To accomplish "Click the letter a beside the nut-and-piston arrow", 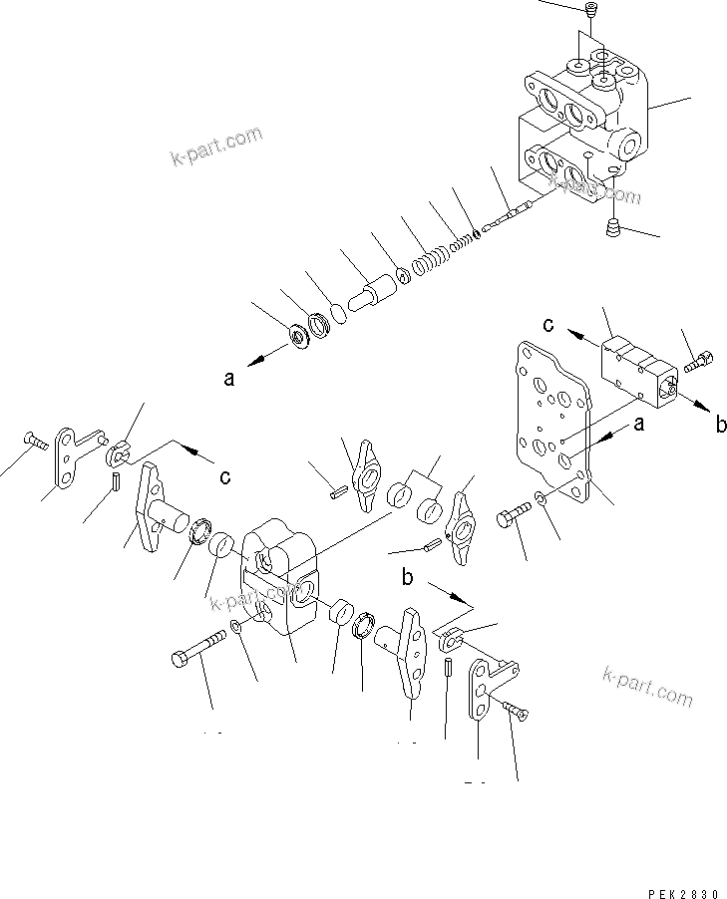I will (x=229, y=379).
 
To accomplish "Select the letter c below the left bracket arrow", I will (x=225, y=476).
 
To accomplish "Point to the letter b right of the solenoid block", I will (x=721, y=425).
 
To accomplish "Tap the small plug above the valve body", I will (x=588, y=11).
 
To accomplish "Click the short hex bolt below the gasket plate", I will (x=512, y=518).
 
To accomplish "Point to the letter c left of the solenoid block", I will (x=547, y=324).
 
